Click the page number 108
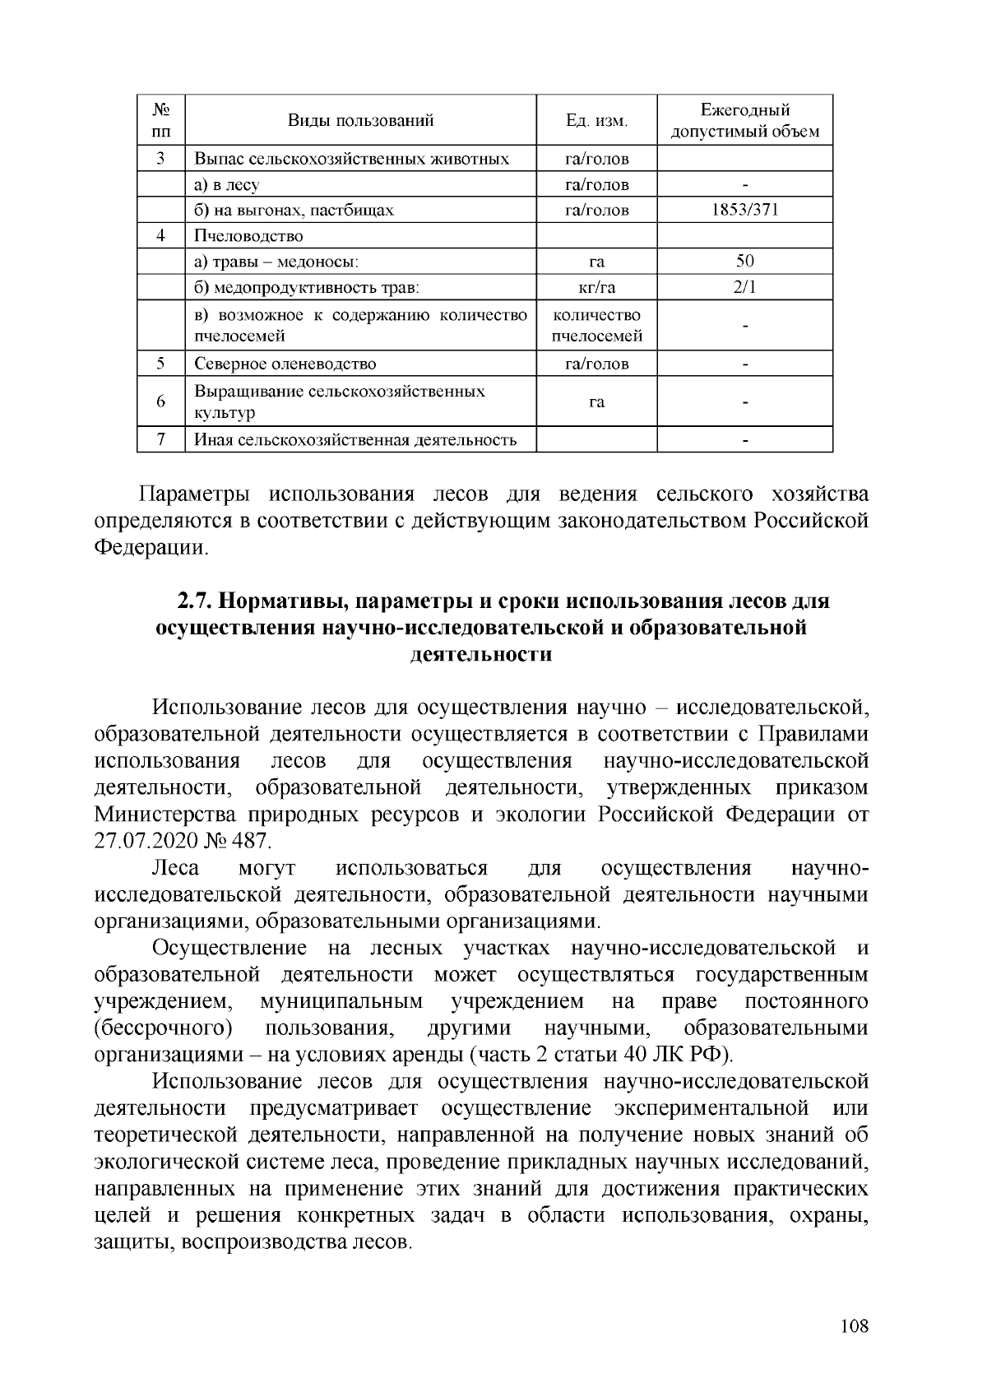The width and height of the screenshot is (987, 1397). (x=855, y=1325)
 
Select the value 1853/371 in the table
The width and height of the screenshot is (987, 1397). (x=744, y=210)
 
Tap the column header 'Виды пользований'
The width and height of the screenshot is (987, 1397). (x=360, y=121)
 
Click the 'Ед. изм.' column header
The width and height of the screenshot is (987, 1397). (x=596, y=121)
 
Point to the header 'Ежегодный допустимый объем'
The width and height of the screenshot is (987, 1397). (x=744, y=121)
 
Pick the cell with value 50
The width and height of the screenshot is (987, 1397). (x=744, y=262)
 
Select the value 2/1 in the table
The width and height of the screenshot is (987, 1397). (x=744, y=287)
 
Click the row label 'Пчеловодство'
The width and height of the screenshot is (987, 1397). (x=248, y=236)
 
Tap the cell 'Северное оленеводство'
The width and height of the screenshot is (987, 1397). (x=285, y=364)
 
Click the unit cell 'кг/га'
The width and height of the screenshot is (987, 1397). (x=596, y=287)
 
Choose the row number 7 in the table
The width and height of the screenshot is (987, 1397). (x=161, y=439)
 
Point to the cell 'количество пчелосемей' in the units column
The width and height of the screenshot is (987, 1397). (x=596, y=326)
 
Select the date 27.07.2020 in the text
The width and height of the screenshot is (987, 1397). (x=146, y=842)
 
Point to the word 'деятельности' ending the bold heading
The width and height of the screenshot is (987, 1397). (x=480, y=655)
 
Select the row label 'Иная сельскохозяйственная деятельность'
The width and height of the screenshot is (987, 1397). (x=355, y=440)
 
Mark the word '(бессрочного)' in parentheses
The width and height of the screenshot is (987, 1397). (x=163, y=1028)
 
